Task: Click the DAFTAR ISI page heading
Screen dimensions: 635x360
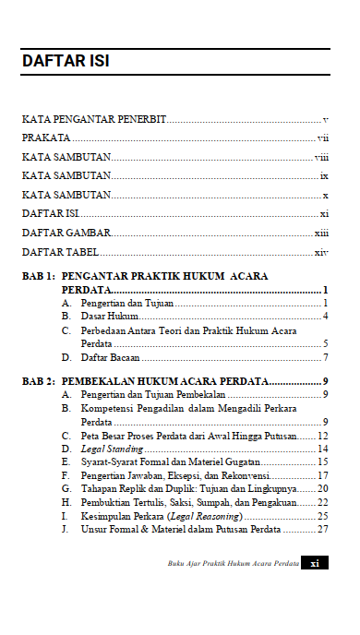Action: tap(66, 63)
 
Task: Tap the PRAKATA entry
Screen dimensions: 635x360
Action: tap(47, 138)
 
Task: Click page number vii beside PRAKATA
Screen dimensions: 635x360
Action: tap(323, 138)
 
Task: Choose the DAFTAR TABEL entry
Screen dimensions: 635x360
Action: tap(61, 251)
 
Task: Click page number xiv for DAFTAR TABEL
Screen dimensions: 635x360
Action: tap(321, 251)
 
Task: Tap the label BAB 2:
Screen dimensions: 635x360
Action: tap(39, 380)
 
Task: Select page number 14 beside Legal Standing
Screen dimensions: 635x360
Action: tap(323, 448)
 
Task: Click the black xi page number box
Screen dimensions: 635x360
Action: tap(315, 563)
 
